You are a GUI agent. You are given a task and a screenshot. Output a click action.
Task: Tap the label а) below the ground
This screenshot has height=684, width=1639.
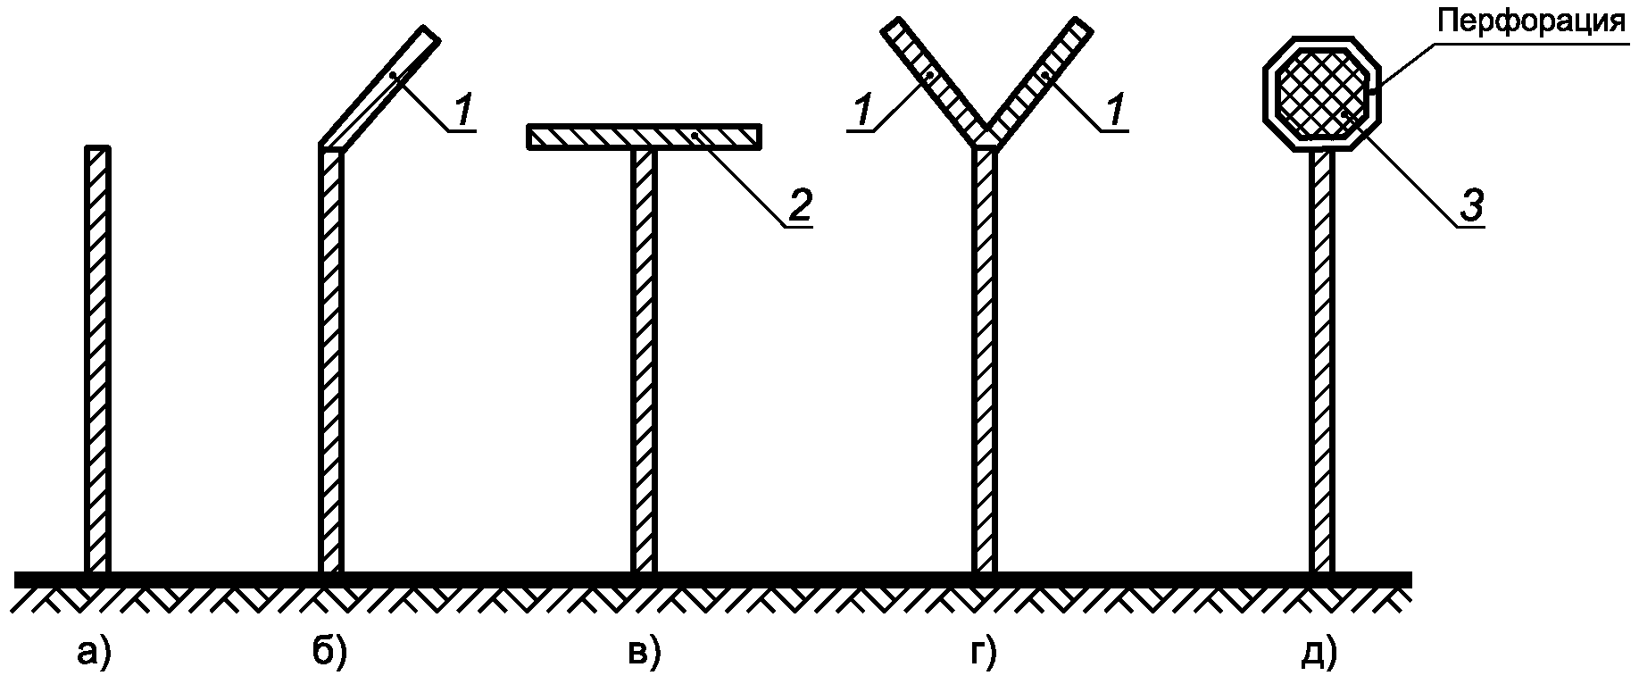(x=93, y=654)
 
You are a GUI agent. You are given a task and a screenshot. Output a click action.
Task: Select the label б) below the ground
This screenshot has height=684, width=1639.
(x=330, y=654)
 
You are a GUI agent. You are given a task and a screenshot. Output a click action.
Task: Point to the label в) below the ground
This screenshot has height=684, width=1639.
(x=643, y=654)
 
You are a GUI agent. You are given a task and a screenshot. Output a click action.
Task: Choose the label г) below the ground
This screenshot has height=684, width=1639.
(x=982, y=654)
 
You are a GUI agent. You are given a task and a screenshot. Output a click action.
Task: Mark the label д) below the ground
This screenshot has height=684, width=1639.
(x=1320, y=654)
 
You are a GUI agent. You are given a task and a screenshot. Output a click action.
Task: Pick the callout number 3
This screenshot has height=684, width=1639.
(x=1470, y=205)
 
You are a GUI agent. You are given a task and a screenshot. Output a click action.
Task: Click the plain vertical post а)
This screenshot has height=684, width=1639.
(x=98, y=357)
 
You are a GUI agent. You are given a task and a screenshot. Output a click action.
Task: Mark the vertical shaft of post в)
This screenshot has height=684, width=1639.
(x=644, y=357)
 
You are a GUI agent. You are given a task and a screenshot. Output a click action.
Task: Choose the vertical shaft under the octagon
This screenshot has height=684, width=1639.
(x=1322, y=357)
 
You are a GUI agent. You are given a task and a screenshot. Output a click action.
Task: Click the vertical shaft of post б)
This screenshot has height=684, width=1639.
(x=331, y=357)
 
